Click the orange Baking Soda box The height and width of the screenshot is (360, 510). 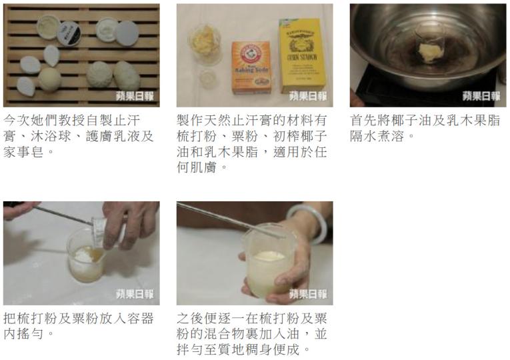pos(251,67)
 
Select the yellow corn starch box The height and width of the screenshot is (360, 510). pos(303,56)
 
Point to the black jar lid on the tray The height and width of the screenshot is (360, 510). pos(69,33)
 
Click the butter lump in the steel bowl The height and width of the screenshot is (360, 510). pos(429,53)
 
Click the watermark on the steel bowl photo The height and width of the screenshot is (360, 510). pos(481,96)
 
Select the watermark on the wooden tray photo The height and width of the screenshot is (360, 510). pos(135,96)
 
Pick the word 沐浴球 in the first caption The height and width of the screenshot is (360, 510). pos(51,136)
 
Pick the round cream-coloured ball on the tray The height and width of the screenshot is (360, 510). pos(50,79)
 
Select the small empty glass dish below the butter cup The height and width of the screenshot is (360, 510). pos(207,79)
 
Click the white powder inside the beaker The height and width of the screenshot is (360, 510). pos(82,253)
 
